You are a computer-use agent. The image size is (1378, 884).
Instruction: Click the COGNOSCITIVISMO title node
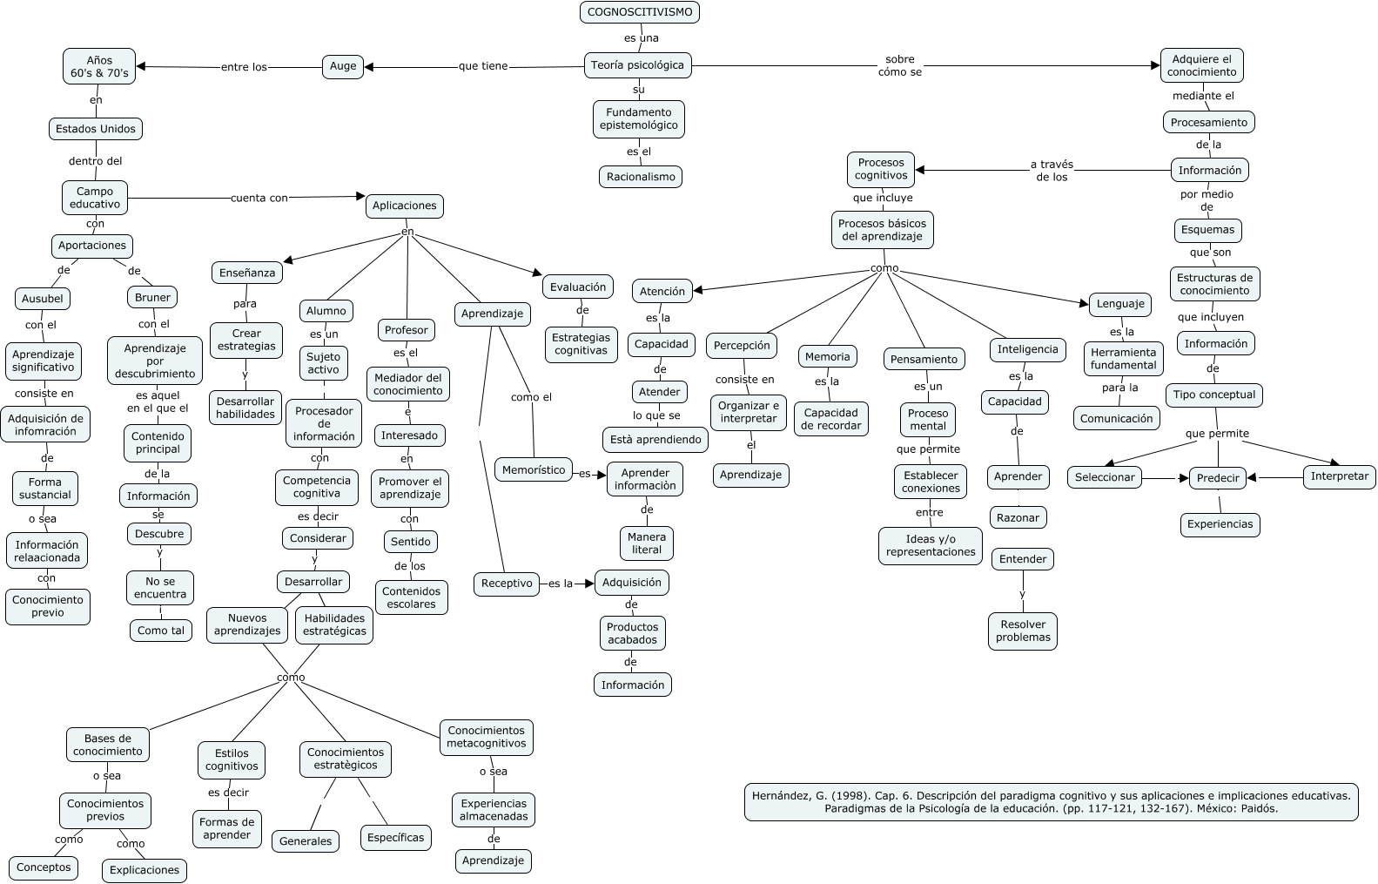click(640, 12)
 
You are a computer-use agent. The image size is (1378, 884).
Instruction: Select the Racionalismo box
click(641, 177)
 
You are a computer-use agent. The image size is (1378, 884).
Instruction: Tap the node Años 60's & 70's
click(99, 67)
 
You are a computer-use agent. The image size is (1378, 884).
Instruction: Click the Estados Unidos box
click(96, 129)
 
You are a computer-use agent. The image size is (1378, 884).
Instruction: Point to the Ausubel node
click(43, 299)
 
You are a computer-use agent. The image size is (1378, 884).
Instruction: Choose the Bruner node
click(153, 297)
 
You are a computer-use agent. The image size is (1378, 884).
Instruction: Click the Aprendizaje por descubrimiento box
click(155, 361)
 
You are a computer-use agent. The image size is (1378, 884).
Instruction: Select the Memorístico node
click(534, 470)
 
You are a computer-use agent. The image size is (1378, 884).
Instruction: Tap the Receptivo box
click(507, 584)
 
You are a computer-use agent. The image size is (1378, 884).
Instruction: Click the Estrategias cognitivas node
click(581, 344)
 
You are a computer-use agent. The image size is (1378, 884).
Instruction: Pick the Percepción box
click(742, 346)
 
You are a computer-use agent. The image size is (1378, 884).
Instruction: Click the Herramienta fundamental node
click(1123, 359)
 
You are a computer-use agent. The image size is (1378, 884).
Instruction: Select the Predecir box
click(1218, 478)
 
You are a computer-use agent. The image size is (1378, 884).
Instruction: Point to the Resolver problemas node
click(1023, 631)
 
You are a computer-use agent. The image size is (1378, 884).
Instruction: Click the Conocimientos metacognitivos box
click(487, 737)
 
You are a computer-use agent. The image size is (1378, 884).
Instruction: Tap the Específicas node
click(396, 838)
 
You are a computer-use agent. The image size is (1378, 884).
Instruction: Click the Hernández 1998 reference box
click(1051, 801)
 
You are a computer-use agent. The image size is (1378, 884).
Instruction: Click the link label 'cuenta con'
click(259, 198)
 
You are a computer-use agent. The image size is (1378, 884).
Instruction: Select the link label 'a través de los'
click(1052, 171)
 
